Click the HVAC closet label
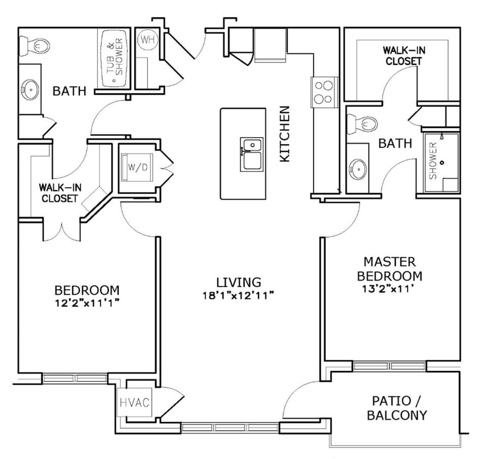134,403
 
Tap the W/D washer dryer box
138,167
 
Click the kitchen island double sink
251,154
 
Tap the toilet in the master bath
363,124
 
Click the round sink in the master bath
358,169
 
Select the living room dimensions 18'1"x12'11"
238,295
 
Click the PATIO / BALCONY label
396,408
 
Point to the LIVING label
238,282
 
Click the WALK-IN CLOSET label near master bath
403,55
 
